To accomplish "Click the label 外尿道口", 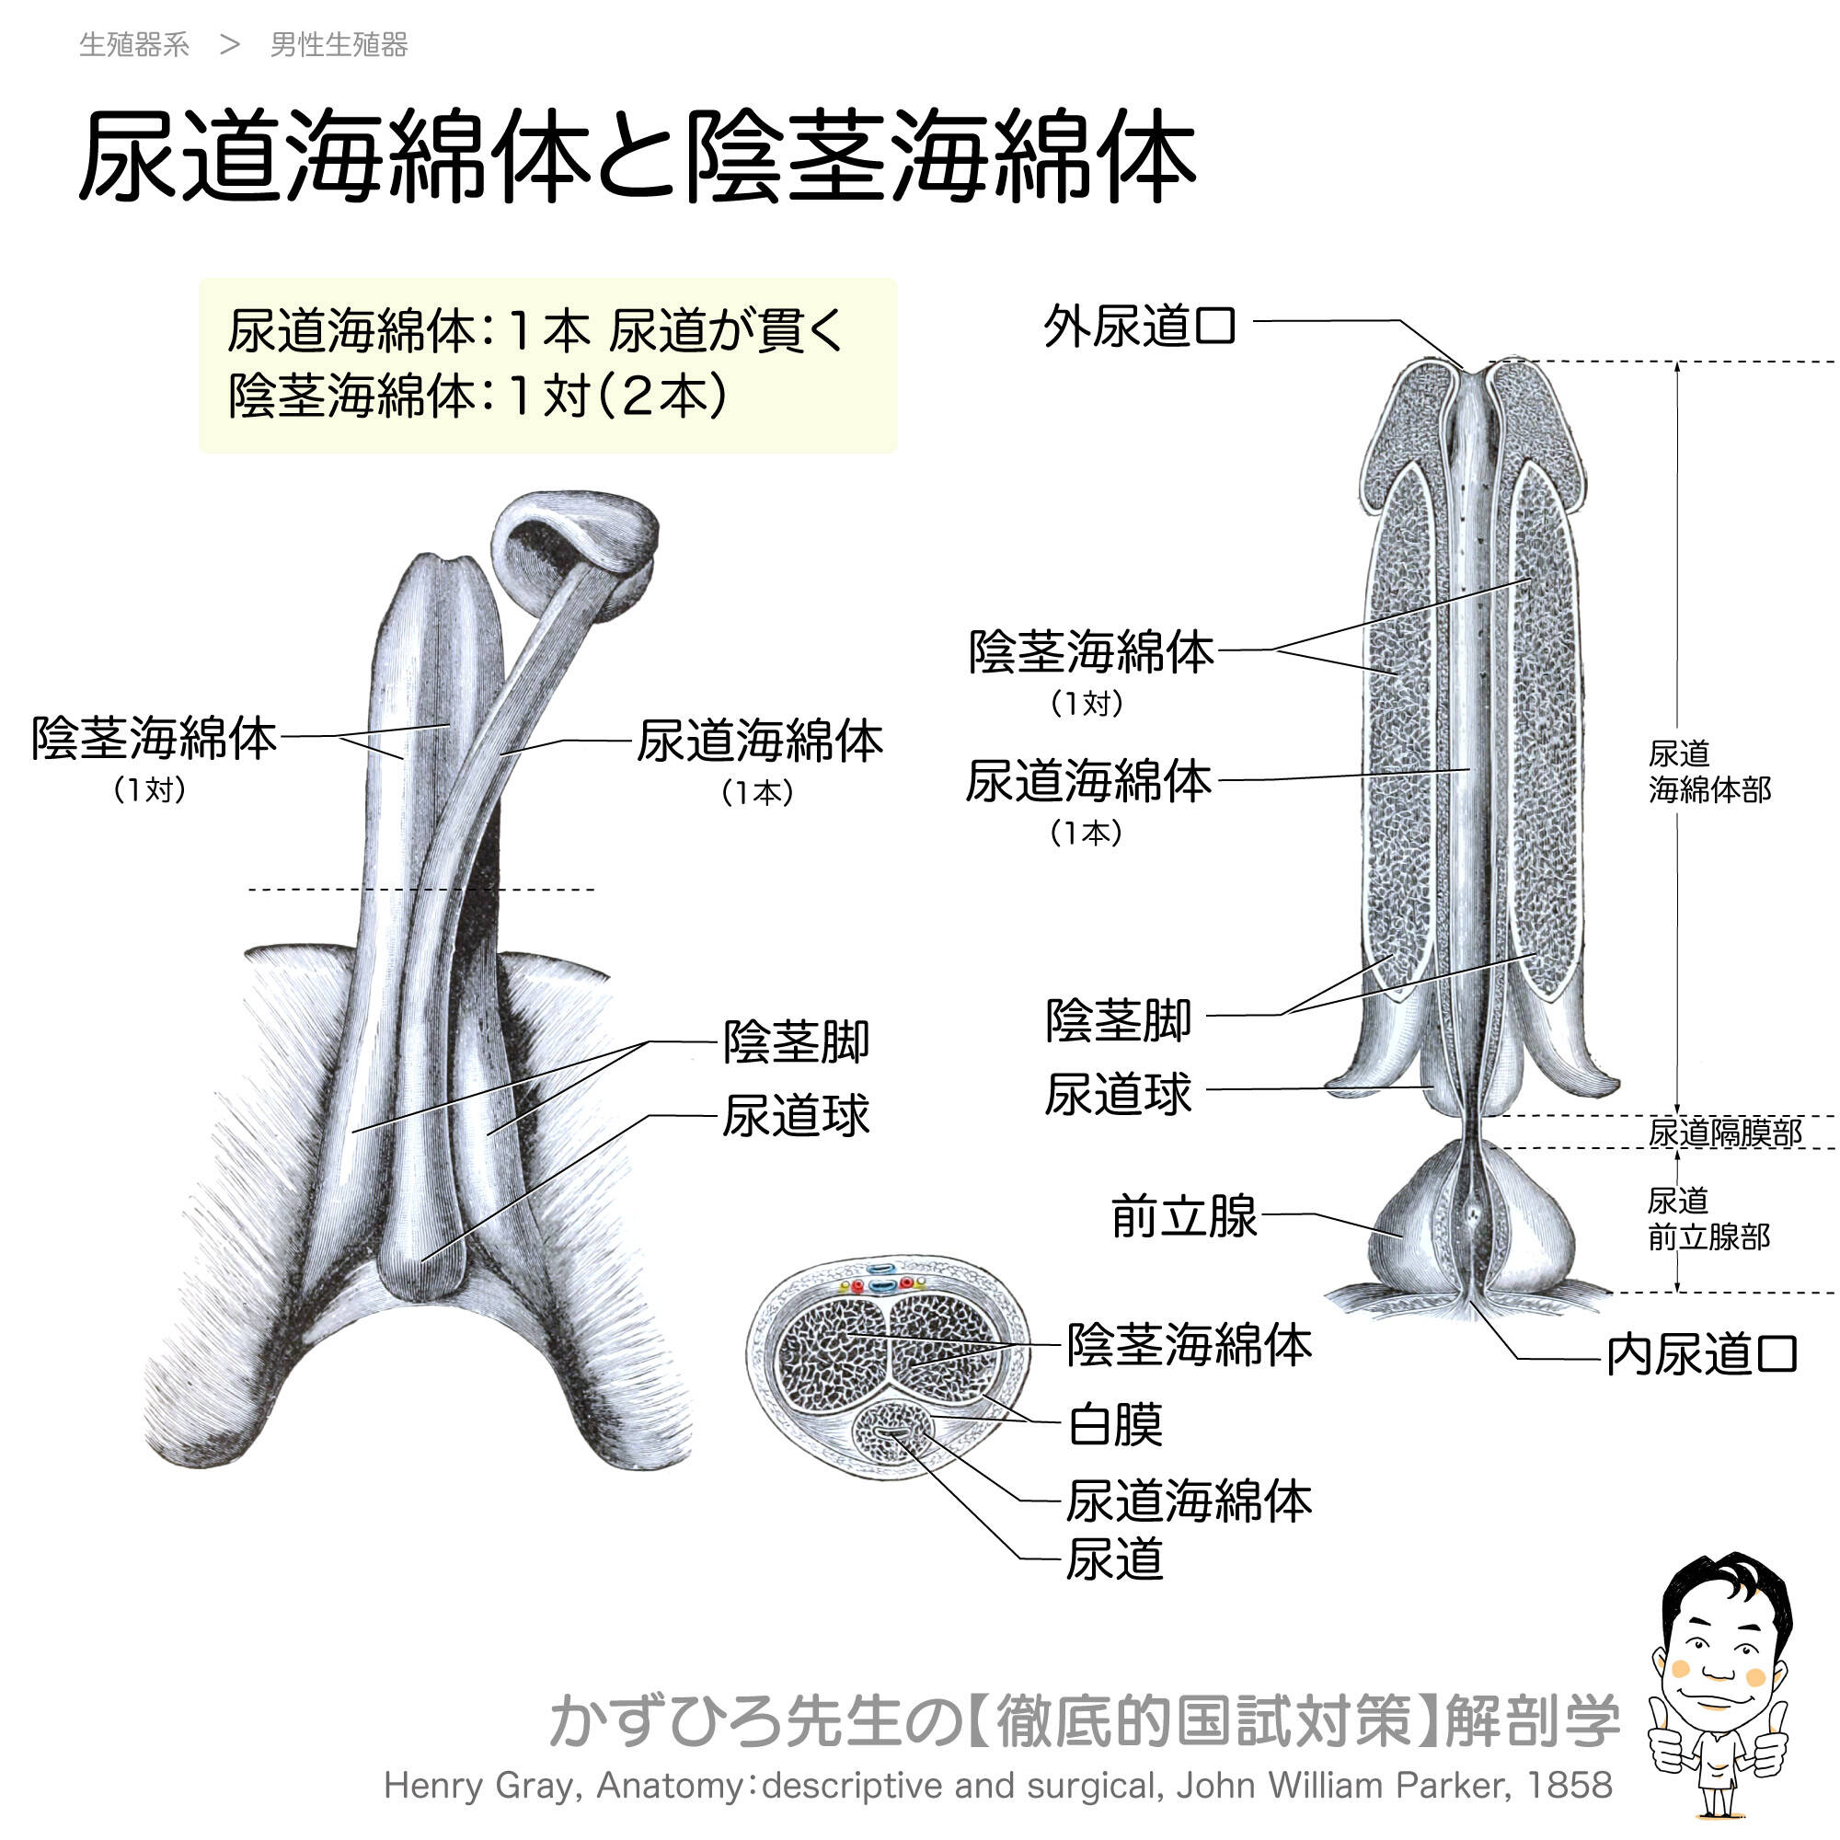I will click(1139, 327).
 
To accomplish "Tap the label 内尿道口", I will click(1701, 1355).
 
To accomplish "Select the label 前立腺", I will click(1184, 1216).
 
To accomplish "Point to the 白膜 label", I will click(1115, 1425).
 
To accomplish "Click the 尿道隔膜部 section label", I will click(1725, 1133).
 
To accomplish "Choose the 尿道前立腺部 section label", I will click(1708, 1219).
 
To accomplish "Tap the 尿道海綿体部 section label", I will click(1708, 772).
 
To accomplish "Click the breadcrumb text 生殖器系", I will click(134, 45).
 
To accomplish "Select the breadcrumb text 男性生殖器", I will click(339, 45).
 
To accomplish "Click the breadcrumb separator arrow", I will click(229, 45).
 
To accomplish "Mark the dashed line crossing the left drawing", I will click(419, 890).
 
